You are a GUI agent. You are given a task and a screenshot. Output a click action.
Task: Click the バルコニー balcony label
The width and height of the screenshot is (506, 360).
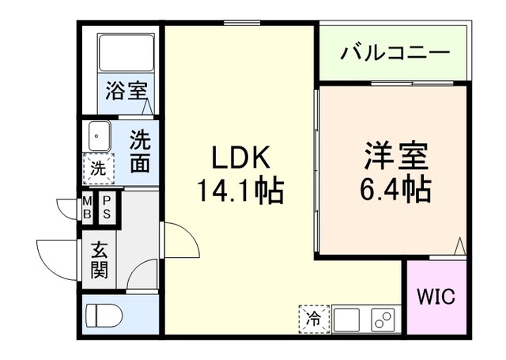(x=395, y=54)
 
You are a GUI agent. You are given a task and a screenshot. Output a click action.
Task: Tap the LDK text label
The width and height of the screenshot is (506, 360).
(x=241, y=158)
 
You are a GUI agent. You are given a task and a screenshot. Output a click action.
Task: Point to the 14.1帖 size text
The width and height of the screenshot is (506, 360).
(x=241, y=190)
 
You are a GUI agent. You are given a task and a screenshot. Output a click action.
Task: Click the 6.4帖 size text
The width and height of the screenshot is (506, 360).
(x=396, y=189)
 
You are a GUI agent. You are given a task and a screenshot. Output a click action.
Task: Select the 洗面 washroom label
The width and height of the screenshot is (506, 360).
(x=140, y=150)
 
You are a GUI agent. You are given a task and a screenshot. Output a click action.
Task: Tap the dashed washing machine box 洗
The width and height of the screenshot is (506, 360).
(x=98, y=168)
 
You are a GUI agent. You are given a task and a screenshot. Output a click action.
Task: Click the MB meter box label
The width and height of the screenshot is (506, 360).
(x=87, y=207)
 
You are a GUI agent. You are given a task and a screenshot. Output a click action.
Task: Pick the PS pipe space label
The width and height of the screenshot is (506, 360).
(x=105, y=207)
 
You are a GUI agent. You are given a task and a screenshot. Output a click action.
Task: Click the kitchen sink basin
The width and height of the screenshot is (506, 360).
(x=346, y=320)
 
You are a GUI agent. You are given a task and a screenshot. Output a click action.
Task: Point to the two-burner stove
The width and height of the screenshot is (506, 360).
(x=383, y=320)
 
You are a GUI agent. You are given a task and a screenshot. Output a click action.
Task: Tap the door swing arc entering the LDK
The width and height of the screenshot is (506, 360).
(x=178, y=237)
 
